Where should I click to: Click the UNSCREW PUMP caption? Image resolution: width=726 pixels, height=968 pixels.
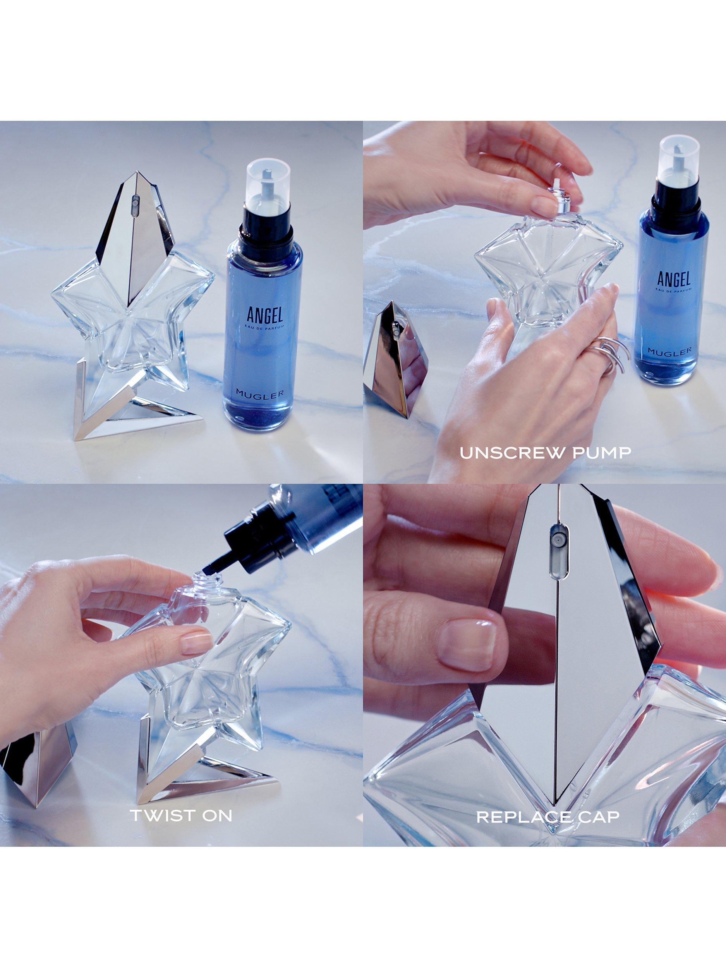(545, 453)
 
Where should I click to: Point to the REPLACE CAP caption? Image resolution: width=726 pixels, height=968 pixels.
(548, 817)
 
